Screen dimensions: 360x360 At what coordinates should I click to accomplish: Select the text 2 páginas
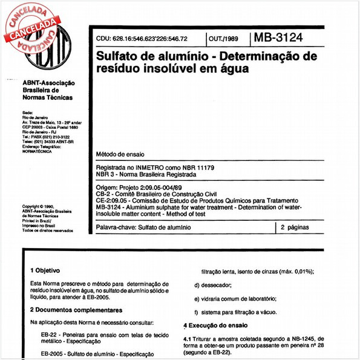295,227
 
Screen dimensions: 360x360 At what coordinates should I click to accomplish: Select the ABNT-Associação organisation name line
48,83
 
